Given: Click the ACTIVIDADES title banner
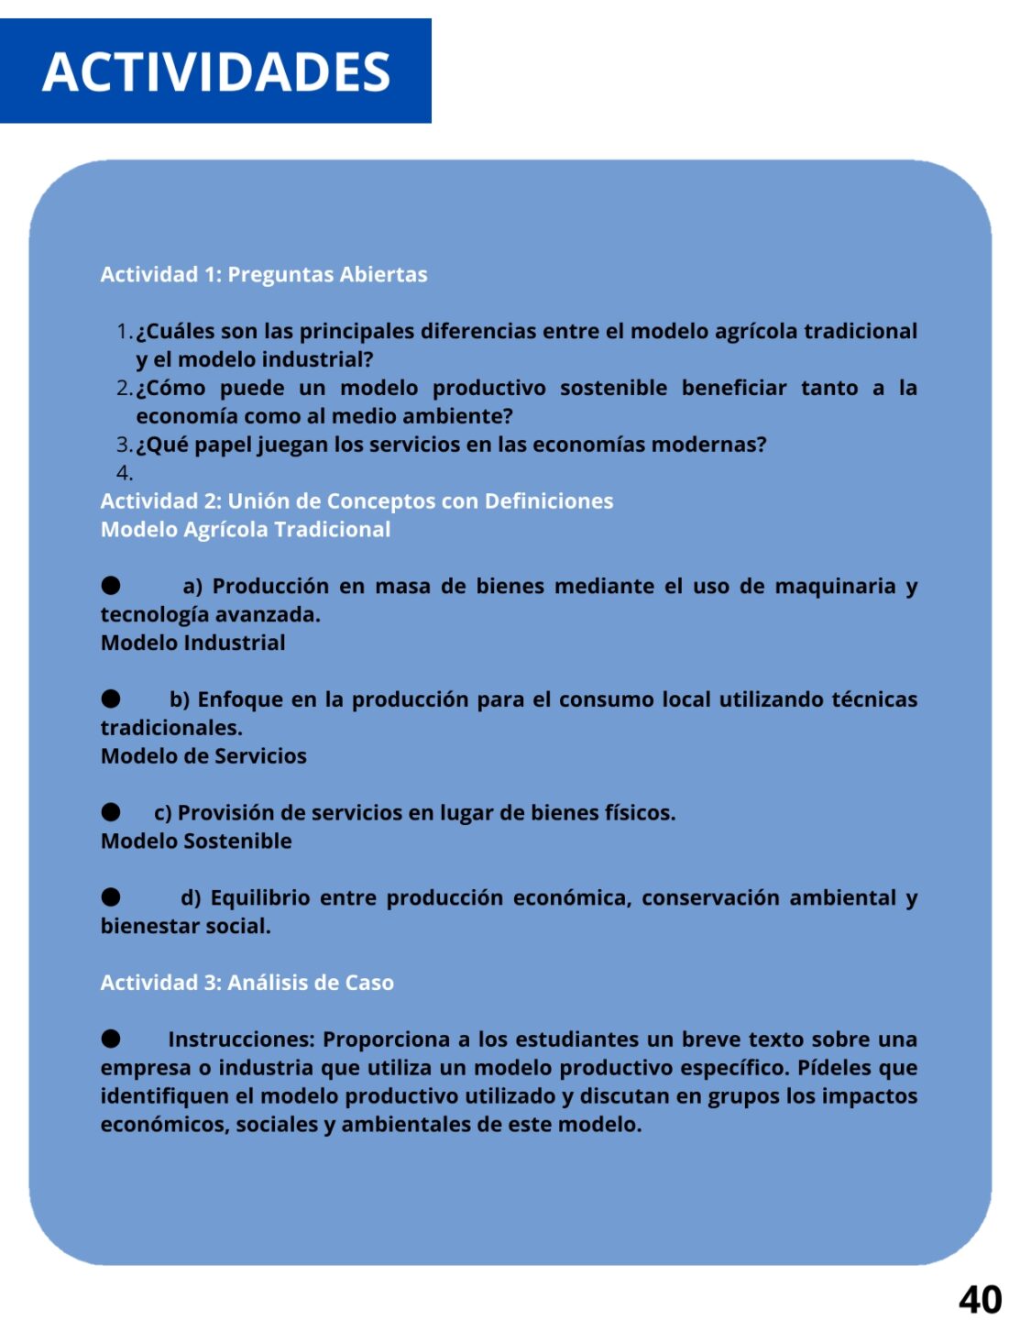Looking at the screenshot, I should (216, 71).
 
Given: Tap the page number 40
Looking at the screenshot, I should (980, 1299).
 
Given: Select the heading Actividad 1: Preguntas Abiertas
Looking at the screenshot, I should (264, 274).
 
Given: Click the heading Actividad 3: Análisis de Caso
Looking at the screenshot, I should (247, 983).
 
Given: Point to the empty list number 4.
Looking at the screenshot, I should (125, 473).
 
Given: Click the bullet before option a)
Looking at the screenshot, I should (111, 585).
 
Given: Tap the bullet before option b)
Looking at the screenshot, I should (111, 698).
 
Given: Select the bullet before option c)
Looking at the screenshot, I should (111, 811).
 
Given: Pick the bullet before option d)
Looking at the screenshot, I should (111, 896).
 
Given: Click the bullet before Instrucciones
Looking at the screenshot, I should (111, 1039).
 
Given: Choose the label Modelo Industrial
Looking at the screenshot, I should (193, 643).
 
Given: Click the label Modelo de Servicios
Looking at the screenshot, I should (203, 756).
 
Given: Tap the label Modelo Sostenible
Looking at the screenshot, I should (196, 841).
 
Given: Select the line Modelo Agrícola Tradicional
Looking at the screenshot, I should (246, 530).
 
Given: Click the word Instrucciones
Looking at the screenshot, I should (241, 1039).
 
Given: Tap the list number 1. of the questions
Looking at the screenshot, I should (125, 331).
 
